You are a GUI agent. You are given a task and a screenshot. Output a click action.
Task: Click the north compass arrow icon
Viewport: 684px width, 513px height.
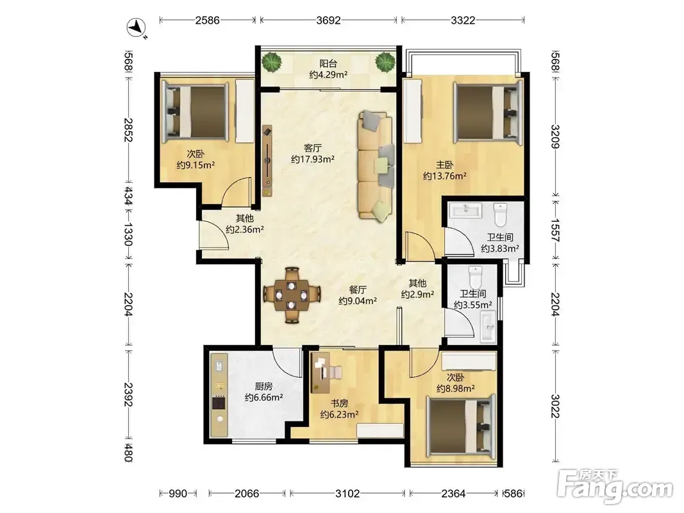(137, 28)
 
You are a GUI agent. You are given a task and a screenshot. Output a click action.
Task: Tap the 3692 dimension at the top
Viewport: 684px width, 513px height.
(328, 20)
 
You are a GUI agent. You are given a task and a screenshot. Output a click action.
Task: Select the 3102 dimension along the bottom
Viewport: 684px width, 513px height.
(347, 493)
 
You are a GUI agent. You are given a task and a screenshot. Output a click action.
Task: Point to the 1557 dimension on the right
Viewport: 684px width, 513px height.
(555, 230)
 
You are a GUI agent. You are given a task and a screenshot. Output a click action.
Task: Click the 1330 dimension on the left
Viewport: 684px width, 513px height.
(128, 234)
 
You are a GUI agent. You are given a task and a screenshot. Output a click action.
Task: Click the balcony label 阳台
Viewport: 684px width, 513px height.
(328, 63)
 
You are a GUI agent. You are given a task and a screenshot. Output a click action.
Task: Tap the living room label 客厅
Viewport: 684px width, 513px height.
(313, 148)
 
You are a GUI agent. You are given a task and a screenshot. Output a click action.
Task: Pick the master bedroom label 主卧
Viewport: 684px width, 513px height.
(444, 165)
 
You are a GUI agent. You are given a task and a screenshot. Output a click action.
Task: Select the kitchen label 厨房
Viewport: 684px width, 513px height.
(263, 386)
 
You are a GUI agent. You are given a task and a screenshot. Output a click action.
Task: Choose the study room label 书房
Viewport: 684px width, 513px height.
(339, 403)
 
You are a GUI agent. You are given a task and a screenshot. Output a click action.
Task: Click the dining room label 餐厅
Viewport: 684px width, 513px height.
(358, 289)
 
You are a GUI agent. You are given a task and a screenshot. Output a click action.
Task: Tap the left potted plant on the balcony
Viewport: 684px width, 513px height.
(272, 62)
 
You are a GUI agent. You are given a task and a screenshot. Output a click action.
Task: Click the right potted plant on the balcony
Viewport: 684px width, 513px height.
(386, 62)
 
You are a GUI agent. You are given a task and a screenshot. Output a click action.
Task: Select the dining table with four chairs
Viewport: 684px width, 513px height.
(292, 296)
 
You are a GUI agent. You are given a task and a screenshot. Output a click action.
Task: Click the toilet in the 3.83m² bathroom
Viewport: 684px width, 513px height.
(500, 214)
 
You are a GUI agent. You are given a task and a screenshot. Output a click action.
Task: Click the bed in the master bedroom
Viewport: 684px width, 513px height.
(488, 113)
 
